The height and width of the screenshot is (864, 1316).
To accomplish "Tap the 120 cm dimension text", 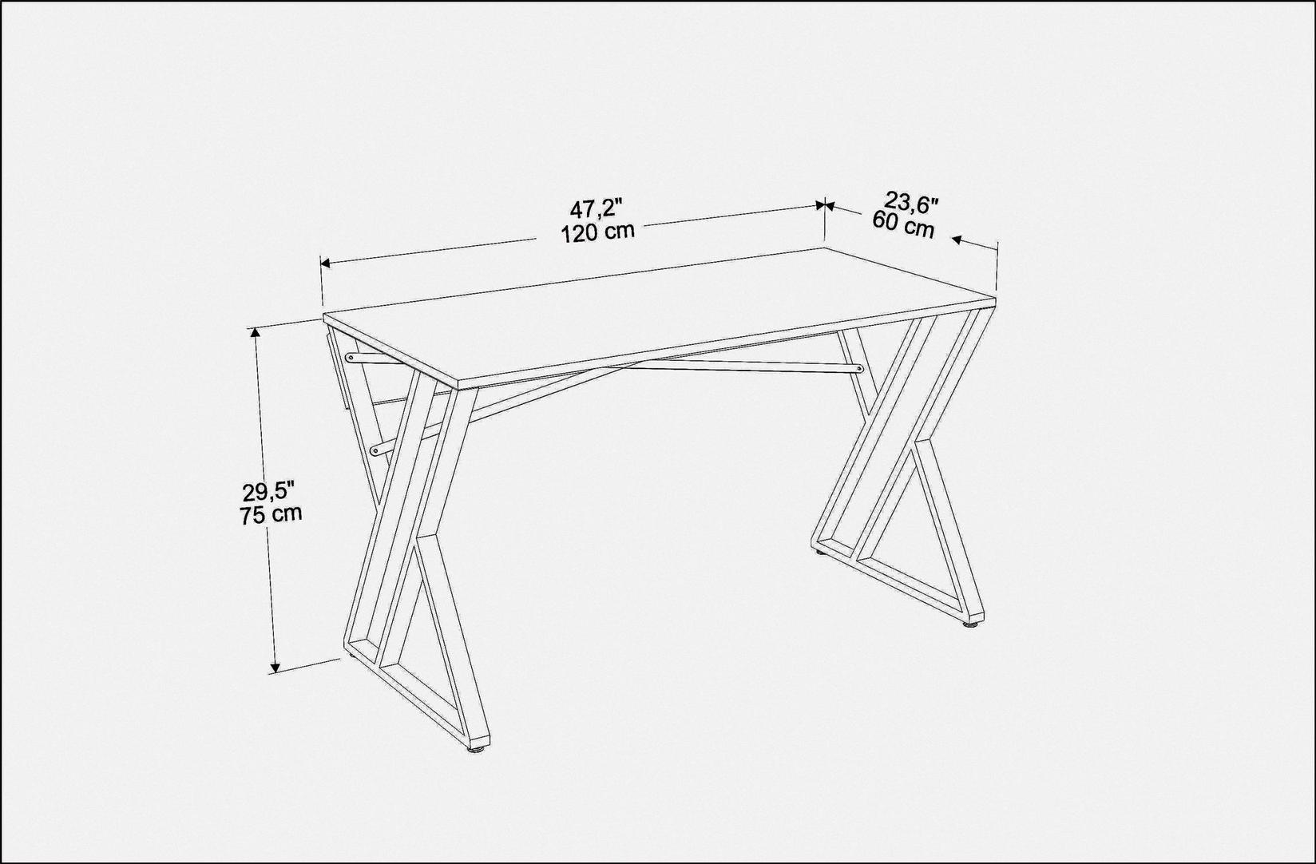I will tap(597, 232).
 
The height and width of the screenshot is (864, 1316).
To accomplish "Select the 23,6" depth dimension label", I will tap(910, 202).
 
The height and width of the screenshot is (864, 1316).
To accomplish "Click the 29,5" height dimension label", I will tap(269, 491).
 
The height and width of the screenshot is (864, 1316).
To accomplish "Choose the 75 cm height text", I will tap(271, 513).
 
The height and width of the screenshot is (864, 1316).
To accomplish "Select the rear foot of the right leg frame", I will tap(819, 551).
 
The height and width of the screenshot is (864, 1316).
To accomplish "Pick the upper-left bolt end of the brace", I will tap(350, 356).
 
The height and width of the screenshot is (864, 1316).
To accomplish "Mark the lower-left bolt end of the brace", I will tap(375, 450).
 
